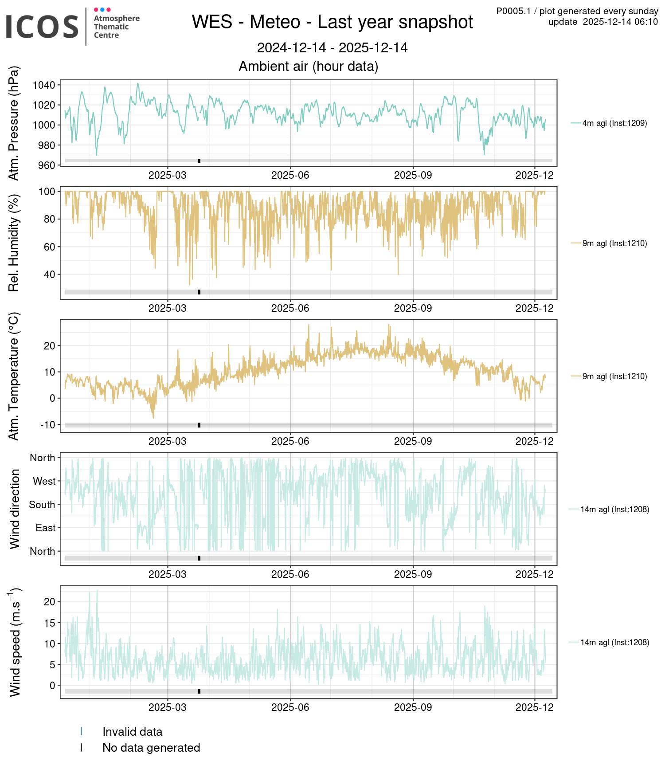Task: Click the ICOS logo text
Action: (42, 27)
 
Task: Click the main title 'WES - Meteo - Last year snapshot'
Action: (332, 22)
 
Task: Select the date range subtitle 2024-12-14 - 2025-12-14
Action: (332, 48)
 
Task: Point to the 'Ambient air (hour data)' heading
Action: (308, 67)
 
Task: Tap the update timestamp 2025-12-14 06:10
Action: (620, 22)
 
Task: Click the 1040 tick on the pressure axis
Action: (44, 85)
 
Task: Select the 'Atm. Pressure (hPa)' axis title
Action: (14, 123)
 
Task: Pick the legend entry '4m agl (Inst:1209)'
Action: (614, 123)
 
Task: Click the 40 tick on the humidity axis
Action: (50, 275)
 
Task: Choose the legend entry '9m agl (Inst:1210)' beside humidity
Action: (614, 243)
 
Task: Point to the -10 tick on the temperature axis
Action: (48, 425)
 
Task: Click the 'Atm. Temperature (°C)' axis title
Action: (14, 376)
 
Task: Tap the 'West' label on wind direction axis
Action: (44, 481)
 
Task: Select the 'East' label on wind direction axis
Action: (46, 528)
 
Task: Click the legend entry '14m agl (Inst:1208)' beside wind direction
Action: (614, 510)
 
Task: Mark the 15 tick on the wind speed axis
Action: (50, 623)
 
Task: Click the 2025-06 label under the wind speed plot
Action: (290, 707)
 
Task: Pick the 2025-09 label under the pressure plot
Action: (413, 175)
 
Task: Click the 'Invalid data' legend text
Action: (132, 732)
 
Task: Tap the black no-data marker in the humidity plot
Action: (199, 292)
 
